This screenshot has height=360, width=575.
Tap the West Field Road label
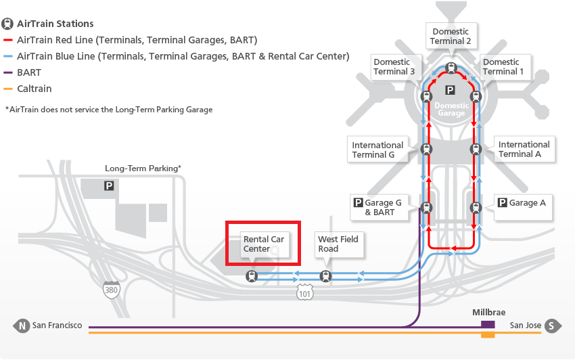point(338,244)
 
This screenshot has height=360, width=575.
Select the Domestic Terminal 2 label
point(451,36)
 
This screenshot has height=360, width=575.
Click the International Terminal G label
point(377,150)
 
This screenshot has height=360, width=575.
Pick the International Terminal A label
point(524,149)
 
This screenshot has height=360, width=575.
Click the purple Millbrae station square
point(487,325)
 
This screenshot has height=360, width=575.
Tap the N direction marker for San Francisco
point(22,326)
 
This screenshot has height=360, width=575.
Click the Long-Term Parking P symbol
point(108,185)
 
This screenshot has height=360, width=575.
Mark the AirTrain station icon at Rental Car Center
point(252,276)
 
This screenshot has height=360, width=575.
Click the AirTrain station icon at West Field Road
point(326,276)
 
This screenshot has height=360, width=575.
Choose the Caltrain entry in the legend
point(34,89)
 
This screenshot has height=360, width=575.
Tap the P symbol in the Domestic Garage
point(450,90)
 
